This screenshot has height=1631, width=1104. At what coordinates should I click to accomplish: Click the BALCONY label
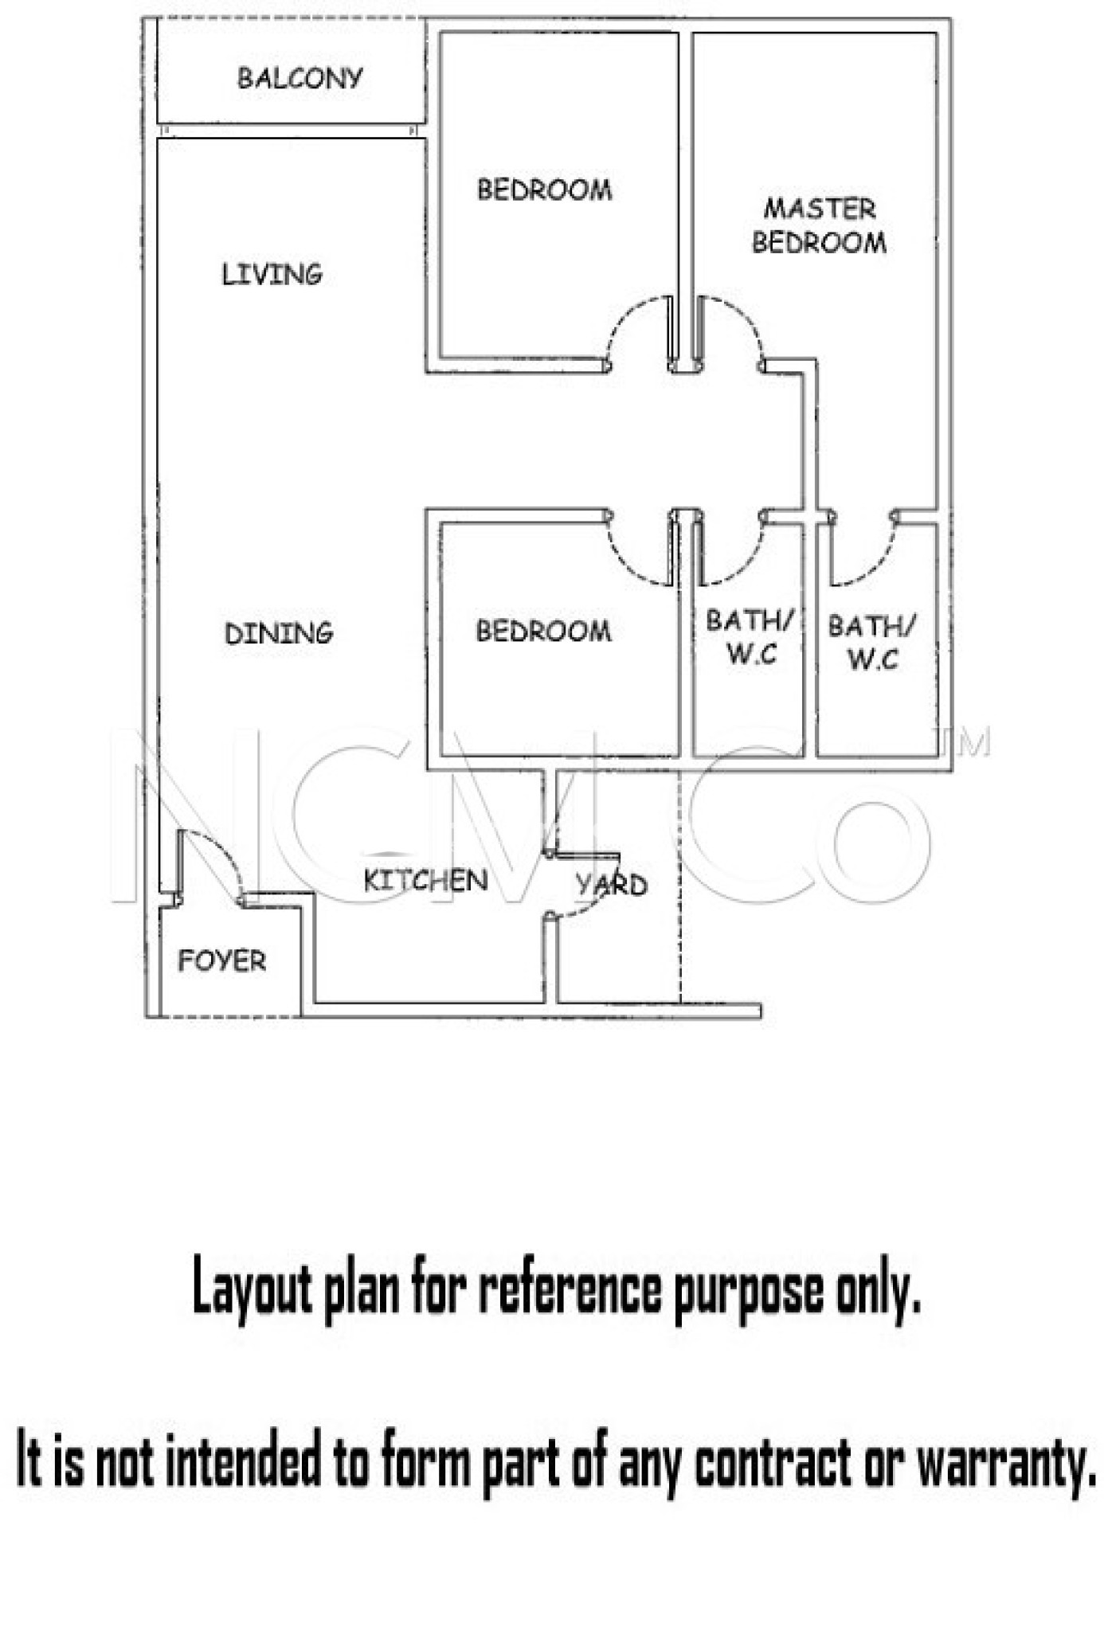(x=300, y=77)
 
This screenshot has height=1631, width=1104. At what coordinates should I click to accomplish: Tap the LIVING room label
(x=272, y=274)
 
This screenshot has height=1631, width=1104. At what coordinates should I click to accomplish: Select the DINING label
(x=279, y=634)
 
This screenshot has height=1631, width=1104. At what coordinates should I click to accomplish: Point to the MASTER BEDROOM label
(x=819, y=225)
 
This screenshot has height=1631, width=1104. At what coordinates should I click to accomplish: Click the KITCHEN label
(x=425, y=880)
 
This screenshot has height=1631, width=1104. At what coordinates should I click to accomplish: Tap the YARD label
(x=612, y=884)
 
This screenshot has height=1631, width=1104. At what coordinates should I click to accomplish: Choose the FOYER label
(x=221, y=960)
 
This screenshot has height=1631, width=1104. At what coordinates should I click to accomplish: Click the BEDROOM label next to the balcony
(x=545, y=190)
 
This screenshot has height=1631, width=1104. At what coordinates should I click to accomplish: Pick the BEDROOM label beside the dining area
(x=544, y=631)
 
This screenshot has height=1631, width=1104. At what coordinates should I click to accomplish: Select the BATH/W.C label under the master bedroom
(x=872, y=642)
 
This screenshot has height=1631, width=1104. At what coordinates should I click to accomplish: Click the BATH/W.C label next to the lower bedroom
(x=750, y=637)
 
